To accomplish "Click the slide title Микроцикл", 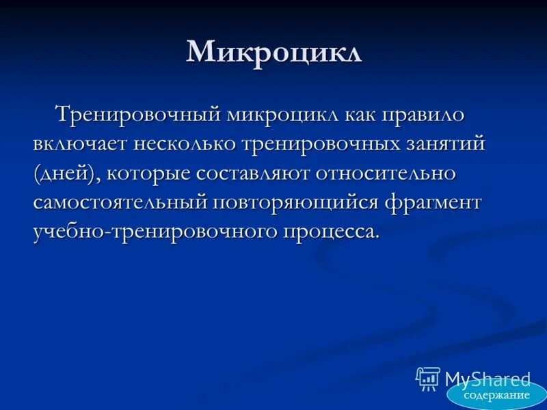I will click(x=273, y=53).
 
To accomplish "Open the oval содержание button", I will click(x=496, y=395).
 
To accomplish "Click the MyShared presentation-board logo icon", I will click(x=428, y=379).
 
